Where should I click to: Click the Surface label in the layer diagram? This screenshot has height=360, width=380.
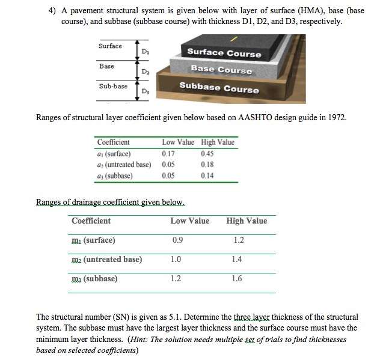110,46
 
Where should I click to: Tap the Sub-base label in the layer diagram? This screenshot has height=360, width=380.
113,87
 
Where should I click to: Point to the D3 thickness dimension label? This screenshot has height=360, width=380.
145,91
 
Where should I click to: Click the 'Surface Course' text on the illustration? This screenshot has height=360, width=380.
224,53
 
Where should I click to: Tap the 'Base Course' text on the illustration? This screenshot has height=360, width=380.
221,70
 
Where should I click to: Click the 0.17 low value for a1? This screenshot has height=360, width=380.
169,153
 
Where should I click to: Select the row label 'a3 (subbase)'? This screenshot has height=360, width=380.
115,175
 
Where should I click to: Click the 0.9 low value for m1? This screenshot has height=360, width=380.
177,240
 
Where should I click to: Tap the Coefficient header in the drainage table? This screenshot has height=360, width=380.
91,221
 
